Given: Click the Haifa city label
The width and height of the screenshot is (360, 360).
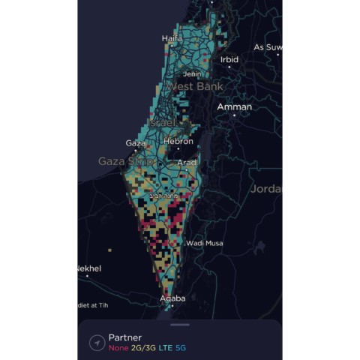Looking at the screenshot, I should pyautogui.click(x=172, y=38).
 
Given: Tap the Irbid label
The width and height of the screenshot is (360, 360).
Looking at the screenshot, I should pyautogui.click(x=229, y=59).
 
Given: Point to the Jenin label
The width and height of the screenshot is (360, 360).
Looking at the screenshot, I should pyautogui.click(x=193, y=74).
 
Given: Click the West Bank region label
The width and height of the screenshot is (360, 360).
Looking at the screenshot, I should pyautogui.click(x=190, y=87).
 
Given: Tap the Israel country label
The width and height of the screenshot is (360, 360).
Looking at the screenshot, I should pyautogui.click(x=161, y=121).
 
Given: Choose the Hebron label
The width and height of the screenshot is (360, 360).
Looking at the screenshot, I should pyautogui.click(x=178, y=141).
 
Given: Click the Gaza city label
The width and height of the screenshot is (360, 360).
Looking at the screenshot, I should pyautogui.click(x=136, y=142).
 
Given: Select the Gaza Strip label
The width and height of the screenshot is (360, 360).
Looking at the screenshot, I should pyautogui.click(x=126, y=161).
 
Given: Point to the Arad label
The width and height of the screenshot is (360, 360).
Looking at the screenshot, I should pyautogui.click(x=187, y=162).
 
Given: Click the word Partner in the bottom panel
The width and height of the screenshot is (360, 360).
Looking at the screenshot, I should pyautogui.click(x=125, y=337).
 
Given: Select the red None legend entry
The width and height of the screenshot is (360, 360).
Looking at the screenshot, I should pyautogui.click(x=118, y=348).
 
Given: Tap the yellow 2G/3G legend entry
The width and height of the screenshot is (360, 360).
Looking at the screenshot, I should pyautogui.click(x=144, y=348).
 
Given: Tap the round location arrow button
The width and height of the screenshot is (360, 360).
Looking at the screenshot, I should pyautogui.click(x=96, y=343).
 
